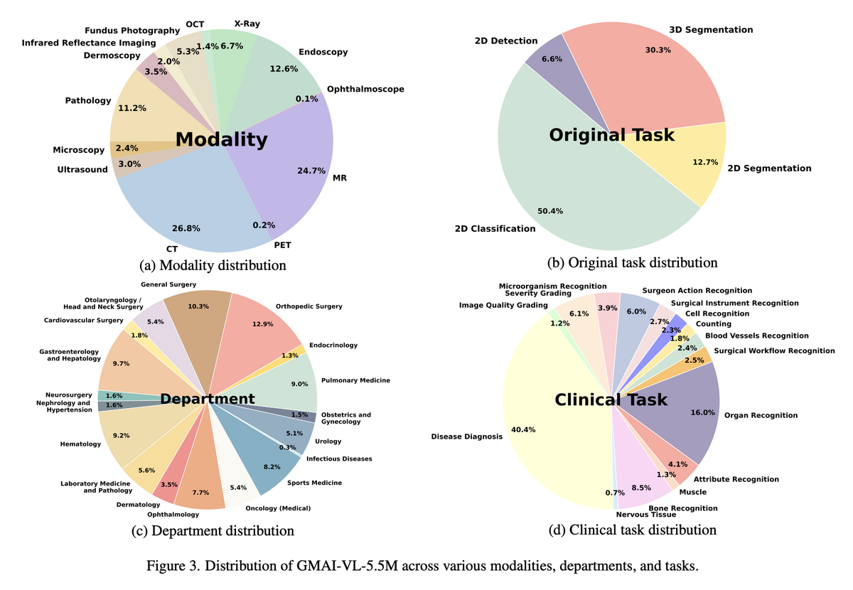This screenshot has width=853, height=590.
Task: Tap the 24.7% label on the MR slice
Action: tap(310, 171)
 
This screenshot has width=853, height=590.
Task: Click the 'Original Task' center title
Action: tap(611, 134)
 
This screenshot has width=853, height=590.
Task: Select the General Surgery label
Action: tap(173, 284)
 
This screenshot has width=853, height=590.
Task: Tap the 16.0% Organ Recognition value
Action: tap(703, 412)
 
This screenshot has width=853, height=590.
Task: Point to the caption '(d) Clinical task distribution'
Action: tap(632, 530)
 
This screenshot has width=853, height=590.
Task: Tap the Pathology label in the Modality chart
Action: tap(88, 101)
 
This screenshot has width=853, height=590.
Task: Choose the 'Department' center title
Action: tap(207, 399)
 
